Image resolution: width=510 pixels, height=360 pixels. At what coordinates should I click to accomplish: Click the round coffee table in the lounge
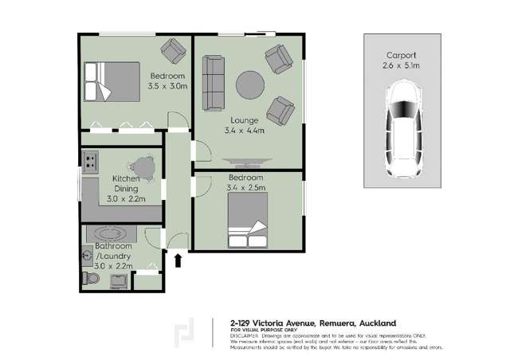[x=248, y=83]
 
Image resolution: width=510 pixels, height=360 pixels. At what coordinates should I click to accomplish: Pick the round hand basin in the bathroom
[x=87, y=256]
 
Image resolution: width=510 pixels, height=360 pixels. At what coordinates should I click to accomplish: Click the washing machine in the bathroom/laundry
[x=147, y=280]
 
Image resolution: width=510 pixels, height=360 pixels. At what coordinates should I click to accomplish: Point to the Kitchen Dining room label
[x=126, y=184]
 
